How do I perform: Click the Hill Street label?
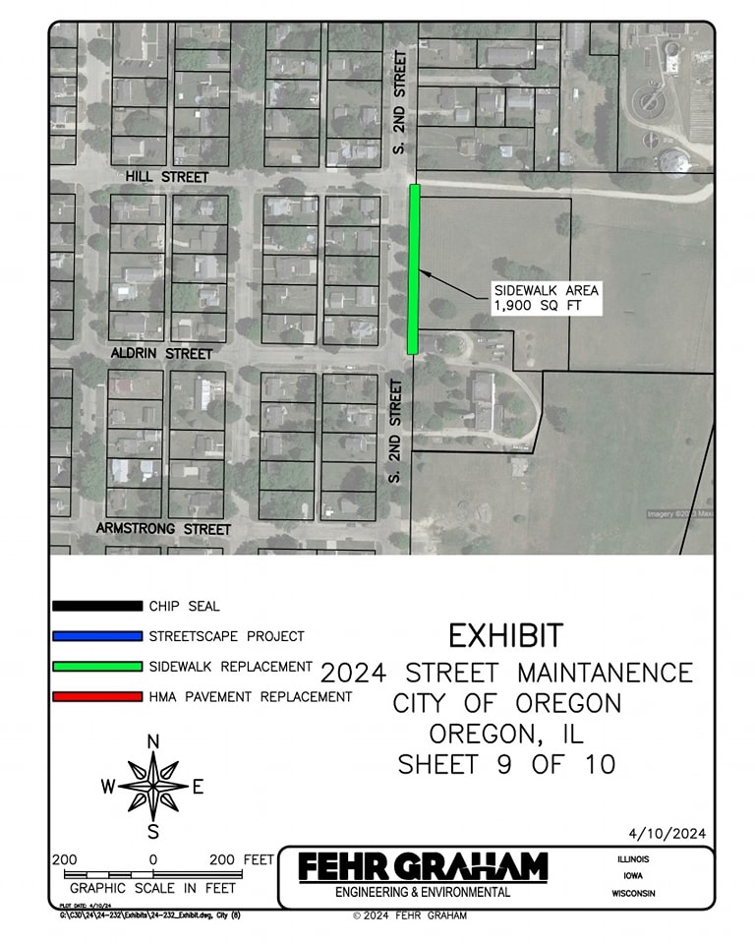tap(167, 176)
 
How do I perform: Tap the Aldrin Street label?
tap(163, 352)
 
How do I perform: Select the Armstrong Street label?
tap(163, 529)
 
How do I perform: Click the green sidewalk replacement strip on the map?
tap(414, 268)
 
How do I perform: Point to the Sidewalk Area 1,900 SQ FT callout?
tap(546, 298)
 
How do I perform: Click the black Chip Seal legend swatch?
tap(97, 607)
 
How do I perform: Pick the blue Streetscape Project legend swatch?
tap(97, 636)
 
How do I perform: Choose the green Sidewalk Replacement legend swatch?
tap(97, 667)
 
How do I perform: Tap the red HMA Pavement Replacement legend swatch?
tap(97, 697)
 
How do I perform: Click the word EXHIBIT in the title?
tap(506, 636)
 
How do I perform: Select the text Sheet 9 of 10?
tap(506, 764)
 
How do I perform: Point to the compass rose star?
tap(153, 786)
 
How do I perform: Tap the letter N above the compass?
tap(153, 741)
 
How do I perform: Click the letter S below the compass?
tap(153, 832)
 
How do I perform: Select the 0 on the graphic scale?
tap(153, 858)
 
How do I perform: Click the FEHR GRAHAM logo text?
tap(423, 867)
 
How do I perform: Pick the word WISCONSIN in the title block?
tap(632, 894)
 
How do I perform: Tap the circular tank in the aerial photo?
tap(649, 98)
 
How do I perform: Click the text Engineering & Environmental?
tap(423, 893)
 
